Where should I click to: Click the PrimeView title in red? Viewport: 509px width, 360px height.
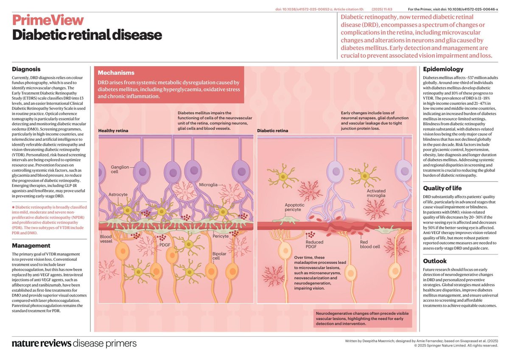[48, 20]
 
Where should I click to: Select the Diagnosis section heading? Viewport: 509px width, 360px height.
[26, 69]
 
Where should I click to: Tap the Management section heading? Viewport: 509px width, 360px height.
[31, 246]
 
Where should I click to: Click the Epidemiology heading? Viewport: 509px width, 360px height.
[443, 69]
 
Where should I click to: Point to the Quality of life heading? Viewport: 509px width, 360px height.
[442, 188]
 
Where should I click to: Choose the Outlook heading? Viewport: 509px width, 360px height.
[435, 261]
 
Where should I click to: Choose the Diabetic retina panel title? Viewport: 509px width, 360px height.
[273, 131]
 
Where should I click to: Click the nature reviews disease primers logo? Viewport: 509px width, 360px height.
[74, 343]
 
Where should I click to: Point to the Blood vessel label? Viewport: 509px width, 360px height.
[106, 239]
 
